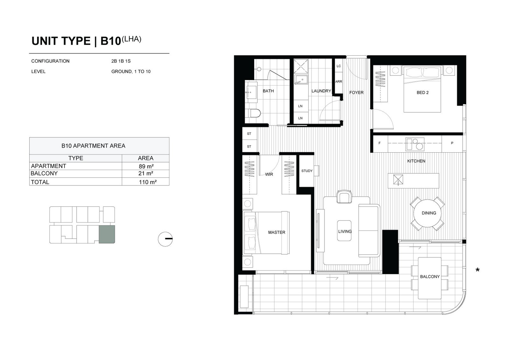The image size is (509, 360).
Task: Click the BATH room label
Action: (x=268, y=91)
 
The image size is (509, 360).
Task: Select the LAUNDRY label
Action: (x=321, y=91)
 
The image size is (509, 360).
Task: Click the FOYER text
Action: (x=356, y=93)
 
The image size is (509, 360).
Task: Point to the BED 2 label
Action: (x=422, y=93)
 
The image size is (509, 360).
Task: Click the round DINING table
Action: (x=428, y=213)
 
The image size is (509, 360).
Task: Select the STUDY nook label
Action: (x=307, y=171)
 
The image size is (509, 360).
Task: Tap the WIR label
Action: (x=269, y=175)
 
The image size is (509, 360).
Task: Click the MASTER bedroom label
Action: (x=276, y=232)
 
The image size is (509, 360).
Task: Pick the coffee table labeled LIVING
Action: (x=344, y=231)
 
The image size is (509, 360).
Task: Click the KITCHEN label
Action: (x=416, y=161)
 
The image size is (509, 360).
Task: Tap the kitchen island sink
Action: (x=398, y=180)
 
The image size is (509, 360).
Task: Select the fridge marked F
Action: (x=379, y=143)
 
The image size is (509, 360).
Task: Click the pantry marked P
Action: (x=452, y=143)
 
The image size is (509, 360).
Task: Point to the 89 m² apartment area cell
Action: (x=146, y=166)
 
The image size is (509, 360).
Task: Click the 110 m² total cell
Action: (x=148, y=182)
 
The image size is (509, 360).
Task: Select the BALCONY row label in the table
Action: (x=44, y=173)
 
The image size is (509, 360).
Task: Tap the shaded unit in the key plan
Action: (x=107, y=234)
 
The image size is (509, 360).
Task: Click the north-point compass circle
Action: (x=165, y=239)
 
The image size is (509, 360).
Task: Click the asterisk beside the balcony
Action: (x=478, y=270)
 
